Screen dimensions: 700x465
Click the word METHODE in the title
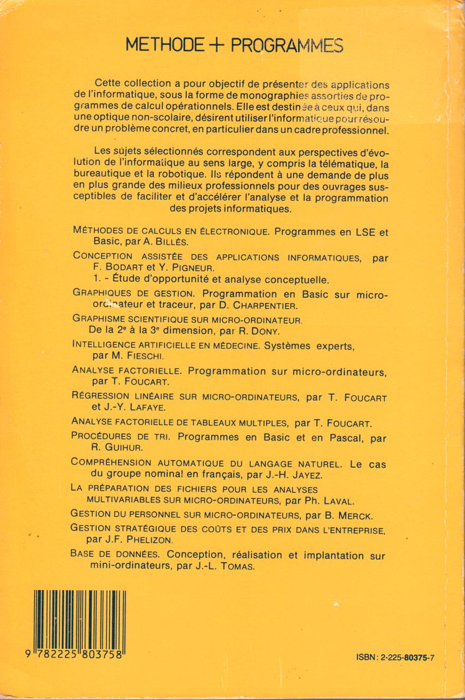[x=165, y=45]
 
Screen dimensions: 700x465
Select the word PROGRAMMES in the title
[x=287, y=45]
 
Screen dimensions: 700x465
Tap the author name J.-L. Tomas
[x=229, y=566]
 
